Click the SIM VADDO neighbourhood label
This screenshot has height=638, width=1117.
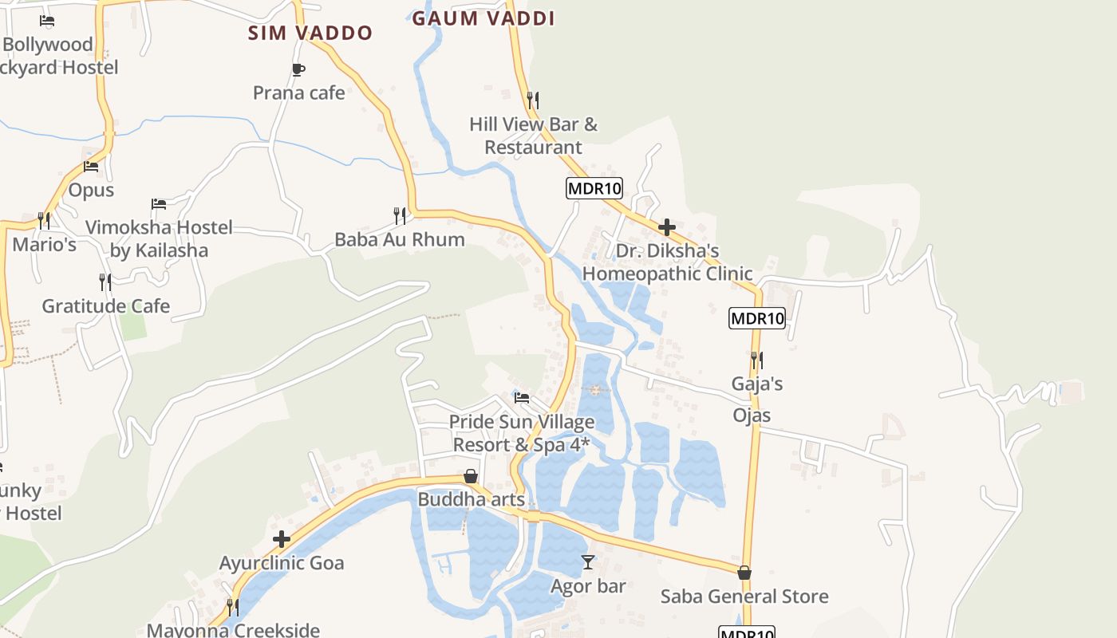point(310,33)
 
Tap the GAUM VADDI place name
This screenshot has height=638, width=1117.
point(483,18)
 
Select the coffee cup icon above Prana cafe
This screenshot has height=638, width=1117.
point(298,70)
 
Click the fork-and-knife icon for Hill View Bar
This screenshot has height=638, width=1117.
point(533,100)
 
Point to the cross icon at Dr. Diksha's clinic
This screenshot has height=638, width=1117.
point(667,227)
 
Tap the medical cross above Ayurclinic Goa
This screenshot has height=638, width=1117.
point(282,539)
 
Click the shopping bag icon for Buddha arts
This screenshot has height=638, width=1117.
point(471,476)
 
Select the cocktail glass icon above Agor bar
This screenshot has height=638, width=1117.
point(588,562)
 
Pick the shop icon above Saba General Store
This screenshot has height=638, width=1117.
point(744,573)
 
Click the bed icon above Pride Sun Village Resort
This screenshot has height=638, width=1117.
point(522,397)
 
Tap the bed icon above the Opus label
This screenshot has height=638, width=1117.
point(91,167)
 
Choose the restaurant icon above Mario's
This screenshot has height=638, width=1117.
point(44,219)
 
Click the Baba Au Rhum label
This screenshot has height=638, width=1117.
point(399,239)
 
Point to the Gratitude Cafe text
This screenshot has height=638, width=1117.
point(105,306)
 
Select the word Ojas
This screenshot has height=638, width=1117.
point(752,415)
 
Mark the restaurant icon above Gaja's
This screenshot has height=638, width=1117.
point(756,360)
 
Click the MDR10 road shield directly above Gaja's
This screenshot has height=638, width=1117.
point(757,318)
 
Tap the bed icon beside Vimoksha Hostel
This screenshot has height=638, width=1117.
point(159,204)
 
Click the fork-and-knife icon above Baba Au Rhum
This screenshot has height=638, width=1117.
point(400,215)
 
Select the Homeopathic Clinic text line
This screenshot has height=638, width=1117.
point(667,274)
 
